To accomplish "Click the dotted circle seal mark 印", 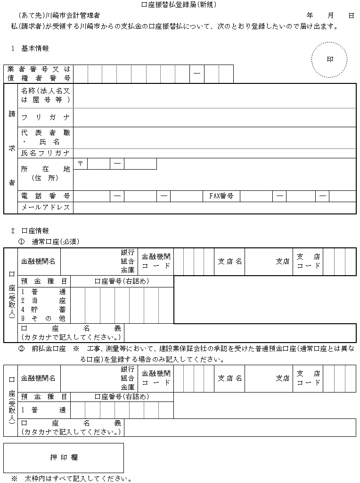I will (x=329, y=60).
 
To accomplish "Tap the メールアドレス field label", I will (x=45, y=208).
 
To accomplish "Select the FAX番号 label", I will (x=221, y=196).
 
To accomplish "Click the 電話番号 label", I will (x=45, y=196).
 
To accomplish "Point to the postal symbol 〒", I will (x=80, y=164).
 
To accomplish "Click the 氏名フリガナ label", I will (x=45, y=153).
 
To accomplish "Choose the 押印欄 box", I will (x=64, y=458).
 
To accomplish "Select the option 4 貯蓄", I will (x=43, y=310).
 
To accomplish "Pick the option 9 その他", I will (x=43, y=319).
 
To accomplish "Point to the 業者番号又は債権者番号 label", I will (x=39, y=74).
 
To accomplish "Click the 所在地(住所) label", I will (x=45, y=173).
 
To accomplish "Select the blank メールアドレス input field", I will (x=214, y=208).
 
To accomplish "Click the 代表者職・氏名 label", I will (x=45, y=137).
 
